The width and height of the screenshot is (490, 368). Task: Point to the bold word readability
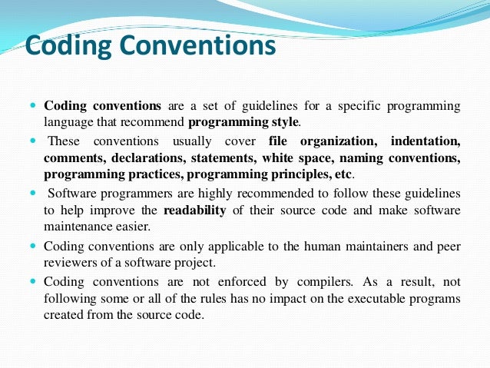194,211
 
